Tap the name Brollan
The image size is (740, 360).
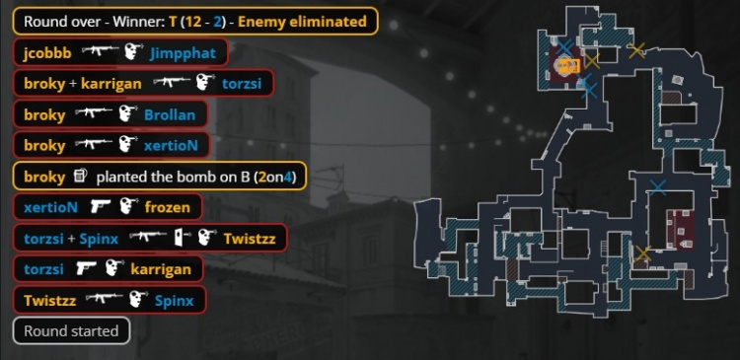coord(170,114)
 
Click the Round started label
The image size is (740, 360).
coord(71,330)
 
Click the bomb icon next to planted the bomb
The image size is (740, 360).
coord(82,177)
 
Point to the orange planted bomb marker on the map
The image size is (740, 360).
coord(565,66)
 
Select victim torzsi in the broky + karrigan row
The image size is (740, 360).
coord(244,84)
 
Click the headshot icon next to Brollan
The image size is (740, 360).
coord(126,114)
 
